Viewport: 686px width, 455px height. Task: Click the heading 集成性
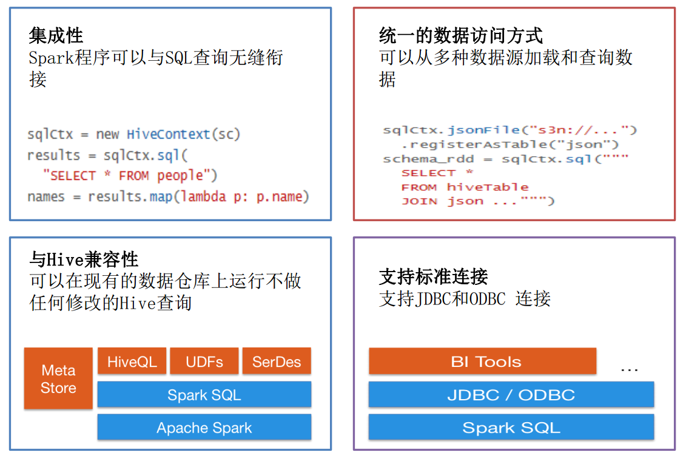tap(56, 36)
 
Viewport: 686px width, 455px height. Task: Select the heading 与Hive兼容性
tap(84, 260)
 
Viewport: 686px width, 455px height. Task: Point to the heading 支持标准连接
tap(433, 277)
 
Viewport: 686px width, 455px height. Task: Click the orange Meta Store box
tap(58, 378)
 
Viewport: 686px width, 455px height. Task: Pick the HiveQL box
tap(132, 362)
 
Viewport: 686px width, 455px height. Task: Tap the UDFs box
tap(204, 362)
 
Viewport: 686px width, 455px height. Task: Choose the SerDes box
tap(277, 362)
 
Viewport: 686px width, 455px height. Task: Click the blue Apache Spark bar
tap(204, 428)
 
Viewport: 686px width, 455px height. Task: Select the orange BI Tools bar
tap(482, 362)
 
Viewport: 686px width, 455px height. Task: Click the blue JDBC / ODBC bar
tap(511, 395)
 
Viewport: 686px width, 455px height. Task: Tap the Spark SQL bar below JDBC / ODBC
tap(511, 428)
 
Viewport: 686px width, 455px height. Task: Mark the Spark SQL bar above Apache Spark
tap(204, 395)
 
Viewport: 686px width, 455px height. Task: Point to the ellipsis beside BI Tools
tap(629, 369)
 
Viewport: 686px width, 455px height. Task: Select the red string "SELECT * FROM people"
tap(130, 176)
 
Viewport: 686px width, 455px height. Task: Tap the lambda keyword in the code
tap(204, 197)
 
